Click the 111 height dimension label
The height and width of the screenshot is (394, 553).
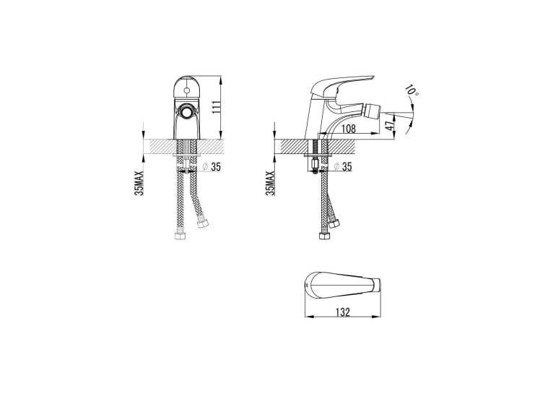(217, 107)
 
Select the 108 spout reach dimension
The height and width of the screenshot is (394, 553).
(349, 129)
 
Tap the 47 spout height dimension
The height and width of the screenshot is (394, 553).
(389, 126)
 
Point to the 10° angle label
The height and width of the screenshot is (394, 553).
(412, 90)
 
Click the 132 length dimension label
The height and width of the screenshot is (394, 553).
(342, 312)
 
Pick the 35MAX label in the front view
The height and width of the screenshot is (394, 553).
(140, 183)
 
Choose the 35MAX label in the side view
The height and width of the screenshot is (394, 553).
(271, 183)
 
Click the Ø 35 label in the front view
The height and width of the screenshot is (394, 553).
(212, 167)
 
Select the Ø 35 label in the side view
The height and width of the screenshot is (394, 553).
(343, 167)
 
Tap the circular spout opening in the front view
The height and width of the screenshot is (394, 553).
(186, 112)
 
